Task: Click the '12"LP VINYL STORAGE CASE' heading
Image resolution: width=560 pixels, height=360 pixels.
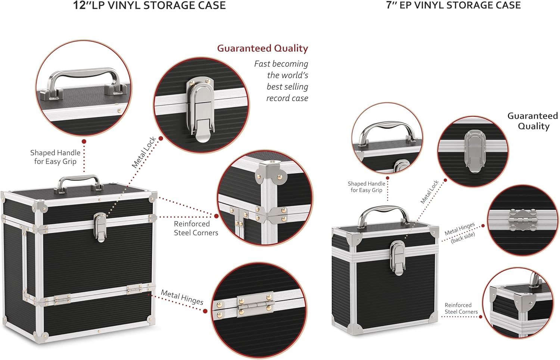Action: pos(149,6)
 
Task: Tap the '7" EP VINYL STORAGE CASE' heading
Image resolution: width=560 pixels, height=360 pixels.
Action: pos(453,5)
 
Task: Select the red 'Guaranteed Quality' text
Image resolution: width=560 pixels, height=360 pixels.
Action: pos(262,49)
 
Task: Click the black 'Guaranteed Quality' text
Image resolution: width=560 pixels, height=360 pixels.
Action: pos(533,121)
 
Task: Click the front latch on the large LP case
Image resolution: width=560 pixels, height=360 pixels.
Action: pos(100,226)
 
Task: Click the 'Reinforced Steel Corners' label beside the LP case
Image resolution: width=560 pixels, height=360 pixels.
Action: pos(196,228)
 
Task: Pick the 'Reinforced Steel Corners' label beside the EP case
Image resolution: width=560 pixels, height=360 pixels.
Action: pos(461,308)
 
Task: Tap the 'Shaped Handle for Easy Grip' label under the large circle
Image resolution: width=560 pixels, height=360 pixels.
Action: pos(55,157)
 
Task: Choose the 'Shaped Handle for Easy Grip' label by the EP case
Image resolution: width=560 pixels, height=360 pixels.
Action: pos(366,187)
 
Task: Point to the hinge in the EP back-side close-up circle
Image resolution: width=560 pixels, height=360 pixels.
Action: pos(522,220)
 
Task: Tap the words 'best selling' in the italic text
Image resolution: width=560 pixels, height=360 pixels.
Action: pos(287,87)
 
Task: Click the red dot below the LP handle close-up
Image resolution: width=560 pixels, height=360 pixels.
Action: pos(84,142)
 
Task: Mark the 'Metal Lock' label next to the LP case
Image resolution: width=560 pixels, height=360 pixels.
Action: pos(143,152)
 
